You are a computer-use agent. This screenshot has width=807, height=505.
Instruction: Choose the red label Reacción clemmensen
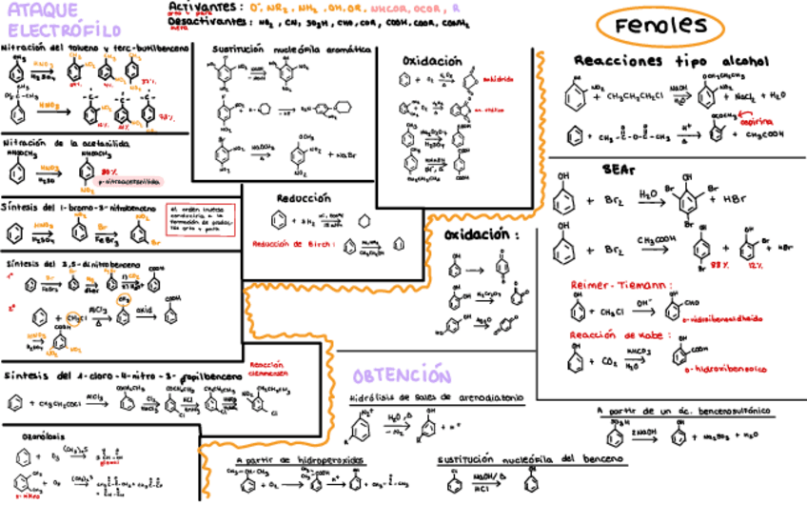(269, 369)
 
